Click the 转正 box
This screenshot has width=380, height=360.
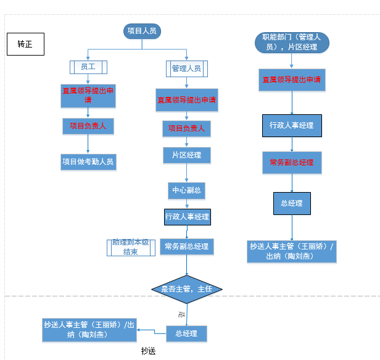coord(25,44)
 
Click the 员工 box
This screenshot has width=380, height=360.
coord(89,67)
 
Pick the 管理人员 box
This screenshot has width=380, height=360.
coord(186,68)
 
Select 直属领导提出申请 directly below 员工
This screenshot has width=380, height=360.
coord(88,94)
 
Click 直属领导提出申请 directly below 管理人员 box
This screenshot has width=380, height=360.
coord(186,99)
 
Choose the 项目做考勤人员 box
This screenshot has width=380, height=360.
coord(88,162)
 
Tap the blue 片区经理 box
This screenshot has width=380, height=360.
coord(186,155)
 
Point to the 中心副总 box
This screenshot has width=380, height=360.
coord(186,190)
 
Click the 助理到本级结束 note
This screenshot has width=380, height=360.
coord(130,247)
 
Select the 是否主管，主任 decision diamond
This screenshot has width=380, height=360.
coord(187,288)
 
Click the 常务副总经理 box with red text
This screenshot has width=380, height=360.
coord(292,162)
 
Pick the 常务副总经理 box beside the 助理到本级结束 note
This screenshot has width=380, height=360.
coord(187,247)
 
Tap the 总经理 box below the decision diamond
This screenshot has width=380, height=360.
coord(186,333)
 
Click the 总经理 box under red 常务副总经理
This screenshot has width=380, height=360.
coord(292,203)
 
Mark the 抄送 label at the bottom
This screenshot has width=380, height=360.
coord(149,351)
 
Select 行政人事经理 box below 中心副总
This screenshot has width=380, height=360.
coord(187,217)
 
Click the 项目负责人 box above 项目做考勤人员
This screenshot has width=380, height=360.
coord(88,126)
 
